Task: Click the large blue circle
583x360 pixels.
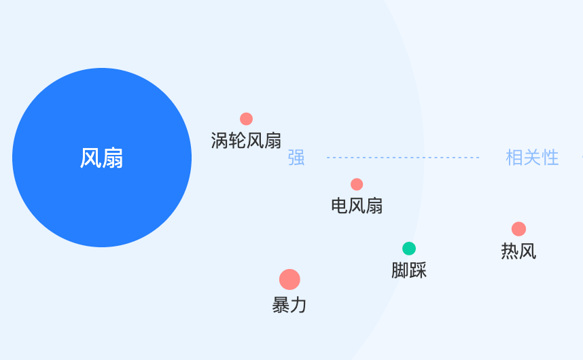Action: [x=102, y=158]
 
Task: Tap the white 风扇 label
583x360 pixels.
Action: [x=102, y=158]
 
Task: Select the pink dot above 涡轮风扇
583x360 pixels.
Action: [x=246, y=119]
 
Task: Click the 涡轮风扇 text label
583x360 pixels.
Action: [x=246, y=141]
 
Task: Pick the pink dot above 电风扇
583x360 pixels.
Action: [x=357, y=184]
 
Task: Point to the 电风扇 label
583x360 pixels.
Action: [x=357, y=205]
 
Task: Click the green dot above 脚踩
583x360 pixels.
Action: [x=409, y=249]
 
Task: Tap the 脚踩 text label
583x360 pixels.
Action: [x=409, y=270]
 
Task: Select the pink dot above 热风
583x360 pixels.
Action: [x=518, y=229]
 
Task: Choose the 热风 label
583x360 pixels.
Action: [x=518, y=251]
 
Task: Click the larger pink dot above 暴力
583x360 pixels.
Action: [x=289, y=279]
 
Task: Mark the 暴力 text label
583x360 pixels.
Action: [x=289, y=305]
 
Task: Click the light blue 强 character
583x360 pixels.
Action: [x=296, y=158]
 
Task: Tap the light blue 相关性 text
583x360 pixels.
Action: [x=532, y=158]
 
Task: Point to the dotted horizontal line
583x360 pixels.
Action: [x=403, y=158]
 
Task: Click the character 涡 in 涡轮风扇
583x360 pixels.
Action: [x=219, y=141]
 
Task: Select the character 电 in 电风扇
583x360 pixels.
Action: [x=340, y=205]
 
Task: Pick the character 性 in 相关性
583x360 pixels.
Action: [x=550, y=158]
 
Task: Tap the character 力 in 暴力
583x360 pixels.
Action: [x=298, y=305]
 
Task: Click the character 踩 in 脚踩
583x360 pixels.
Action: [x=418, y=270]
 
